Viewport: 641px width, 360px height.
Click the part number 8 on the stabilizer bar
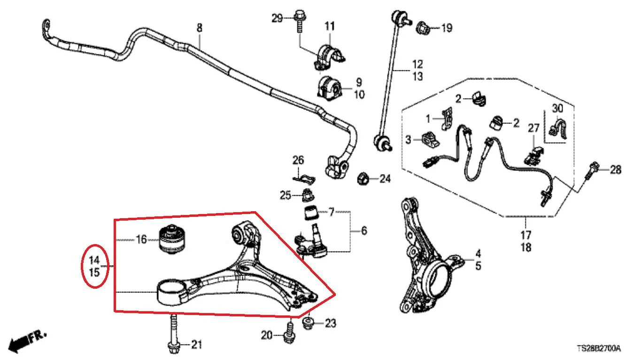click(200, 28)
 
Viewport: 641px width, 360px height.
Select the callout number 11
click(329, 26)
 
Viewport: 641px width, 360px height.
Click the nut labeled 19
click(423, 28)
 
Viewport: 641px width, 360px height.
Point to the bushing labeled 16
click(172, 240)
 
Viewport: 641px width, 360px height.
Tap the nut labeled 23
click(309, 323)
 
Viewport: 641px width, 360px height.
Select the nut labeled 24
click(363, 178)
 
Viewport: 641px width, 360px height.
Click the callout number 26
click(298, 160)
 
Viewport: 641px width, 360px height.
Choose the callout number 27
click(533, 128)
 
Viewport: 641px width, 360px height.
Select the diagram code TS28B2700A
click(599, 349)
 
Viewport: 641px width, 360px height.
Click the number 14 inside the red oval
click(94, 260)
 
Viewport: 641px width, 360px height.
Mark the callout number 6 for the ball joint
click(364, 230)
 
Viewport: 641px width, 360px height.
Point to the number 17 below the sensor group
click(526, 235)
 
